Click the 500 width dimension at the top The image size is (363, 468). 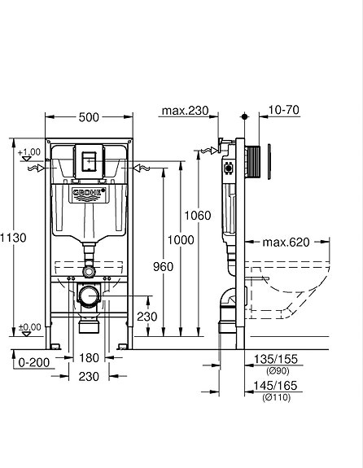(90, 116)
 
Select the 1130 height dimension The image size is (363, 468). (14, 238)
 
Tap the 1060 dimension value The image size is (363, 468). (198, 216)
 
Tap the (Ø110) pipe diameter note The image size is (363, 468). (274, 397)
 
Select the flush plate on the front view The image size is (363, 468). (90, 160)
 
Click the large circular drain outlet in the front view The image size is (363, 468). (89, 295)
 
